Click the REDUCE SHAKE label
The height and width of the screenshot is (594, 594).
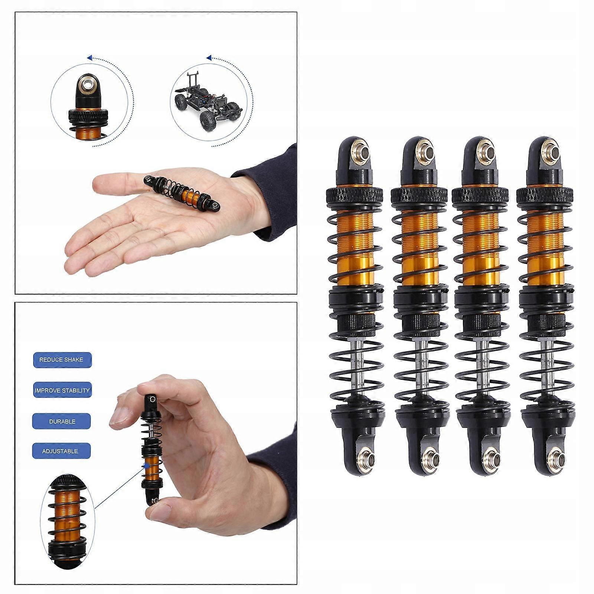pos(62,360)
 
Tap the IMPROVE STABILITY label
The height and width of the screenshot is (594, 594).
pos(62,391)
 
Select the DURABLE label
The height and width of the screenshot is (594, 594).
pos(62,421)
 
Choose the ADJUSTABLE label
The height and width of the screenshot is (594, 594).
pos(61,451)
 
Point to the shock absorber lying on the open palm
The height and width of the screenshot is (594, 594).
pos(182,193)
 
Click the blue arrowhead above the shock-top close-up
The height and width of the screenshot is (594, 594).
pos(89,58)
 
